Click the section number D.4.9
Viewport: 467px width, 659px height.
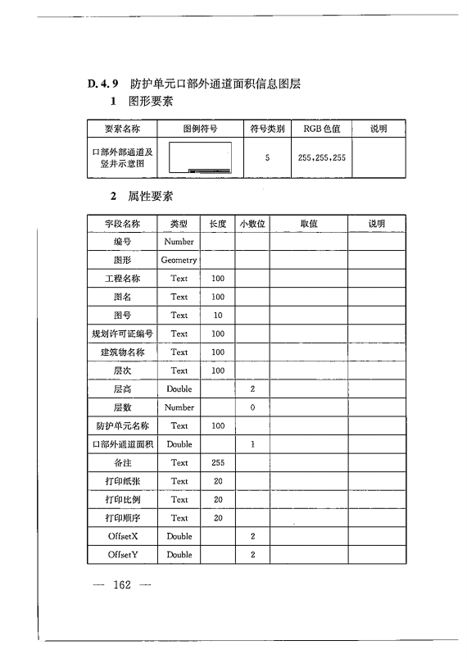tap(104, 84)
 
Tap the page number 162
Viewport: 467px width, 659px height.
tap(123, 585)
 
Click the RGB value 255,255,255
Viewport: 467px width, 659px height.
tap(324, 157)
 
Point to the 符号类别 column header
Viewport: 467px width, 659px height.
tap(267, 129)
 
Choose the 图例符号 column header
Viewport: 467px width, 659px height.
tap(200, 129)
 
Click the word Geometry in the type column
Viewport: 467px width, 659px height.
tap(179, 260)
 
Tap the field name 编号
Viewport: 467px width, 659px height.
tap(122, 242)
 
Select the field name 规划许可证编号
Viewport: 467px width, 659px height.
tap(122, 334)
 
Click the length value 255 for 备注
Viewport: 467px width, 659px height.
tap(217, 462)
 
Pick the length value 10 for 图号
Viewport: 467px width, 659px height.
tap(217, 316)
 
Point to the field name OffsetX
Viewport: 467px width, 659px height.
tap(122, 536)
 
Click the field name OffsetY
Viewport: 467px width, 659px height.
tap(122, 555)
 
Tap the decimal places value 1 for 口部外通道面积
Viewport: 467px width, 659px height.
tap(253, 444)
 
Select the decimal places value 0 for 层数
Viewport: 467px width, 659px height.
tap(253, 407)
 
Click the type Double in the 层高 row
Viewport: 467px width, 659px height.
tap(179, 389)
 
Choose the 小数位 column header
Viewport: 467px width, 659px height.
tap(253, 223)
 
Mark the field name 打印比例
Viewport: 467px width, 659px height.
tap(122, 499)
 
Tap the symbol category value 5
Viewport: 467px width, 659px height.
tap(267, 157)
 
